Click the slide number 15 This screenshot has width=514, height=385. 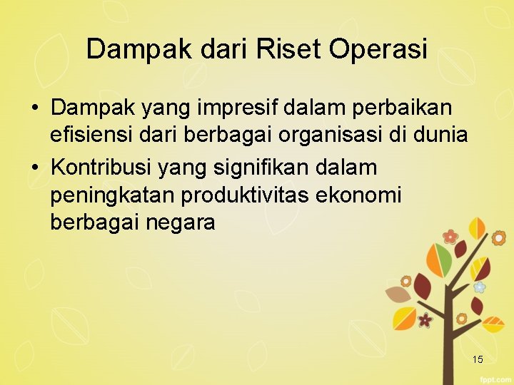477,359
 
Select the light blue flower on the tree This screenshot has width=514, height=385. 480,287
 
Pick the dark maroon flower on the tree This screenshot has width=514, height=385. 425,320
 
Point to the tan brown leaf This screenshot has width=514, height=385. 397,294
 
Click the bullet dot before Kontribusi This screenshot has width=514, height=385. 34,169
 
